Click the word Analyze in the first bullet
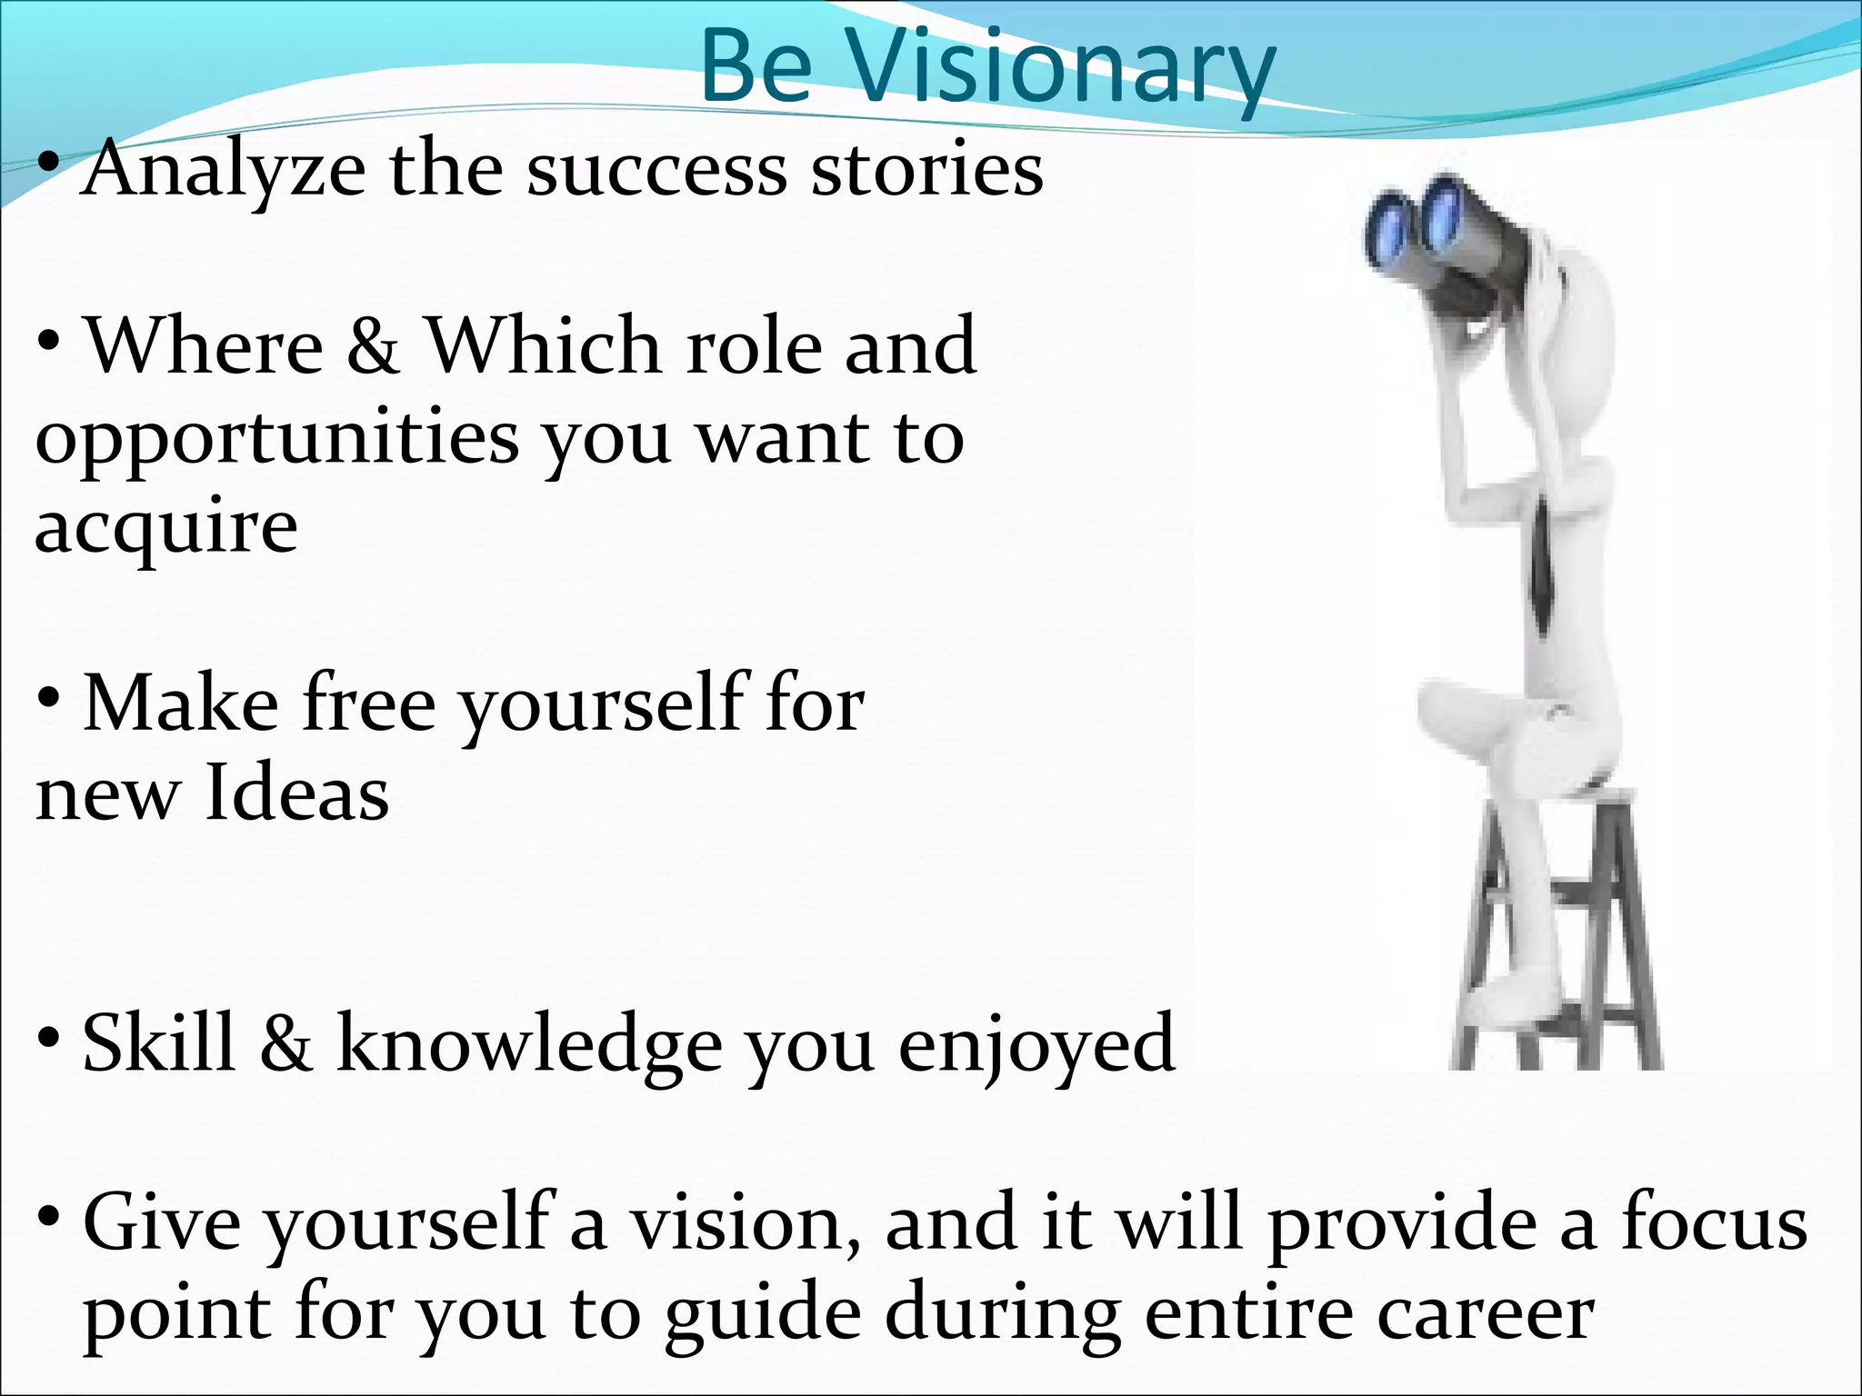pyautogui.click(x=223, y=170)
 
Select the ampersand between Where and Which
pyautogui.click(x=373, y=346)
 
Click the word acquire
pyautogui.click(x=165, y=527)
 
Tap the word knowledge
pyautogui.click(x=529, y=1045)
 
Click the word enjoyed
pyautogui.click(x=1036, y=1045)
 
